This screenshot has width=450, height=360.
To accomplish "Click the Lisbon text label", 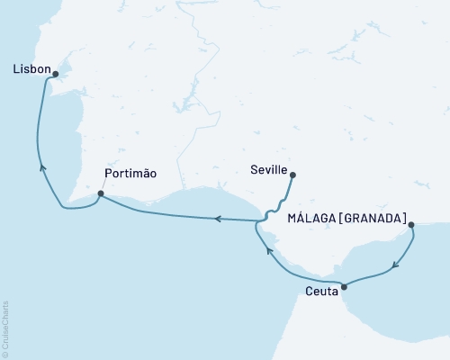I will coord(31,67).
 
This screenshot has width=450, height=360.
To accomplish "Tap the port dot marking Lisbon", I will coord(56,75).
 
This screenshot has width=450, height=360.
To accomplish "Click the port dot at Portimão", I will coord(100,193).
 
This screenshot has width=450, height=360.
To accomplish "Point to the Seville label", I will coord(271,168).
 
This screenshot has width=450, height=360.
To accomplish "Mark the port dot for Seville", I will coord(292,175).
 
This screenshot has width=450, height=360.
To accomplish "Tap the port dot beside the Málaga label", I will coord(410,225).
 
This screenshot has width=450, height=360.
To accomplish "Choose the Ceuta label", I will coord(321,291).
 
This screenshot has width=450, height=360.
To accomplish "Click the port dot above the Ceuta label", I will coord(344,286).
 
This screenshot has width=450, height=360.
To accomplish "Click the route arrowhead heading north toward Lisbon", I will coord(41,166).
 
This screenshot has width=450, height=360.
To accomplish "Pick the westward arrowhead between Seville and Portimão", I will coord(217,218).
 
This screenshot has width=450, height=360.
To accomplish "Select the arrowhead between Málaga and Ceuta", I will coord(395,266).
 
